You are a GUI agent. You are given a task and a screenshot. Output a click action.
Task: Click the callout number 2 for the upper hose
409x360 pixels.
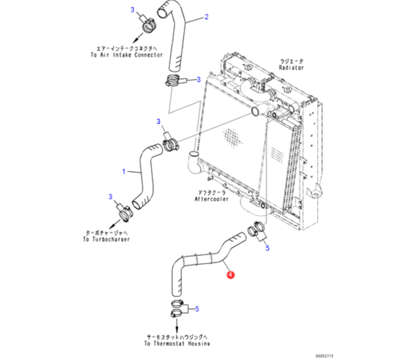point(207,17)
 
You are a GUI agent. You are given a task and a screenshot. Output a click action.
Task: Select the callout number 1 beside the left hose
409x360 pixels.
point(124,171)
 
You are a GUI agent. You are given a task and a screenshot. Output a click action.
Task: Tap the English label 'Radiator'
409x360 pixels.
point(292,68)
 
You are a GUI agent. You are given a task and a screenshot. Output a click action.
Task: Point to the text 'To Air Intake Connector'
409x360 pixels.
point(127,55)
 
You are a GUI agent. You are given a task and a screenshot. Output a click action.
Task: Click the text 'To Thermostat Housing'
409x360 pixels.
point(177,343)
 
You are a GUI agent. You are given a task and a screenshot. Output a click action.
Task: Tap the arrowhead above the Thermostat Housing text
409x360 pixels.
point(177,328)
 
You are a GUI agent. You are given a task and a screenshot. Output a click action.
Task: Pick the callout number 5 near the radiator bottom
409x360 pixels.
point(268,247)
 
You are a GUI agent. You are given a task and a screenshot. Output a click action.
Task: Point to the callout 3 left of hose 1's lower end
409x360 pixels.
point(111,196)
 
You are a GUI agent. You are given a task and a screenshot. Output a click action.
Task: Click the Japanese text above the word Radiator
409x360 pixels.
point(292,61)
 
